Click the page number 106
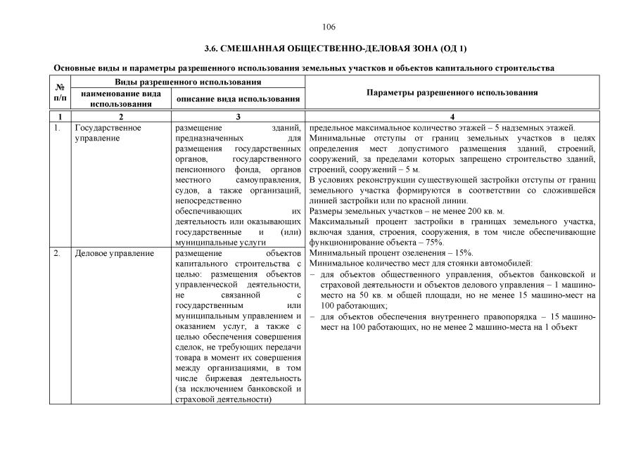click(x=329, y=27)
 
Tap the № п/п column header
click(x=60, y=93)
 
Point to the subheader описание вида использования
click(x=238, y=98)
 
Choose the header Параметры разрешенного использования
click(x=452, y=92)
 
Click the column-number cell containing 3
click(x=238, y=116)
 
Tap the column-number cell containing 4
click(x=452, y=116)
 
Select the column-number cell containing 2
click(x=120, y=116)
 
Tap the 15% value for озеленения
click(x=462, y=252)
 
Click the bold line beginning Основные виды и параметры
click(x=304, y=68)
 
